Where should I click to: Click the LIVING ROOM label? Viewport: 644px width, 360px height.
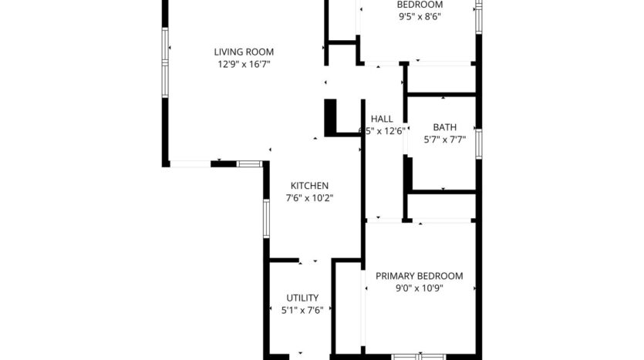244,52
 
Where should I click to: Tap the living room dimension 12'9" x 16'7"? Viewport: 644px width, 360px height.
244,65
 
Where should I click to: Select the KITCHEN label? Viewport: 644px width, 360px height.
309,186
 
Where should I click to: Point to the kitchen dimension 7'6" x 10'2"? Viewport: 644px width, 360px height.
309,198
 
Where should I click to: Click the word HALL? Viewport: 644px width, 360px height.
382,119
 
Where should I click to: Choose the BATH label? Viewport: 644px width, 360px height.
444,127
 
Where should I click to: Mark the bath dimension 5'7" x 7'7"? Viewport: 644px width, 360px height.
444,140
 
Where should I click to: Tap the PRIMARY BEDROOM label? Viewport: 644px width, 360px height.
419,276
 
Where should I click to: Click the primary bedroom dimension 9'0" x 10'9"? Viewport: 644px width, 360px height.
419,288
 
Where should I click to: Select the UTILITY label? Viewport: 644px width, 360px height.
302,298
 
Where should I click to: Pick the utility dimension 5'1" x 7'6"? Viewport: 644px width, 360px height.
302,310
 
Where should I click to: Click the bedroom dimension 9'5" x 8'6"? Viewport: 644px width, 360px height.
420,15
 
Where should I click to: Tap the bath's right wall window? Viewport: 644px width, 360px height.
478,143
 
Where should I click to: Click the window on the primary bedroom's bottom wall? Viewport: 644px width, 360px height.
419,356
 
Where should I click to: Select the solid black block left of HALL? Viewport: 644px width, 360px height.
332,117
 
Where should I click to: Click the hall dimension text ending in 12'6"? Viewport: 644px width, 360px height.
384,131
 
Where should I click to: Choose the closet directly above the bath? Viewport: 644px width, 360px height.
441,79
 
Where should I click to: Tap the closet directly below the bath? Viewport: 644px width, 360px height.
441,206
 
